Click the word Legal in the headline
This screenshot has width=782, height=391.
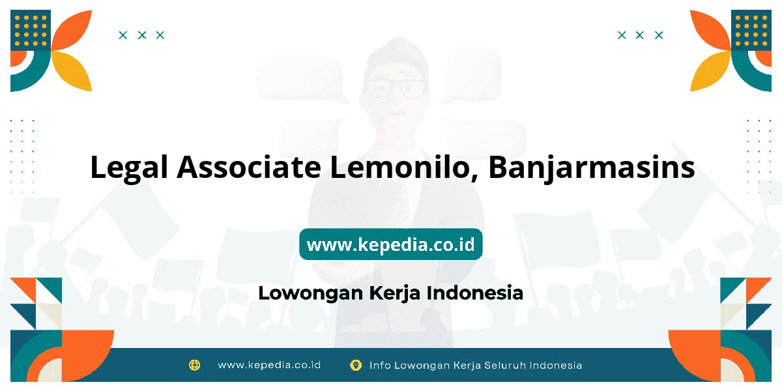click(129, 167)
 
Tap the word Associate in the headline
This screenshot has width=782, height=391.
click(249, 167)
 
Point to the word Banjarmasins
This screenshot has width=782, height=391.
click(592, 168)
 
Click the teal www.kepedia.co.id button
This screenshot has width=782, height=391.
click(390, 244)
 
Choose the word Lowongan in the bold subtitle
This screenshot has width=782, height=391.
click(311, 293)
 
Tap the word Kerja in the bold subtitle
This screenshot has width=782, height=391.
click(394, 293)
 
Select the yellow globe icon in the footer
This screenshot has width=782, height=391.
click(194, 365)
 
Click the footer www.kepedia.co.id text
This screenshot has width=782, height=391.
click(269, 365)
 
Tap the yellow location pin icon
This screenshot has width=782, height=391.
click(356, 365)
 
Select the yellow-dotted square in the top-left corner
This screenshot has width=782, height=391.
click(31, 30)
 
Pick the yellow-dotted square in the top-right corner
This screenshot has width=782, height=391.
click(751, 30)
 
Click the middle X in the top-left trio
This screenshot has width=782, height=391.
click(142, 35)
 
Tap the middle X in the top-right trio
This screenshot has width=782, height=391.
click(639, 35)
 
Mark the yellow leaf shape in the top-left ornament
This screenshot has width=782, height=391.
click(73, 70)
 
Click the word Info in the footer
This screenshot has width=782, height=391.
click(379, 366)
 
